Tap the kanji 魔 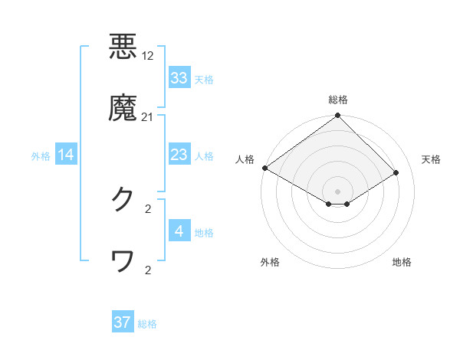point(123,108)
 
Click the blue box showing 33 point(179,78)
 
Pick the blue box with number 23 point(179,155)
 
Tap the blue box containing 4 point(179,232)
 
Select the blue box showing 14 point(66,155)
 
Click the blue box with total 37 point(123,322)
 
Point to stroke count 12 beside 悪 point(149,56)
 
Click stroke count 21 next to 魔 point(148,117)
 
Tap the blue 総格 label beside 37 point(147,324)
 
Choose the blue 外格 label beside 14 point(41,156)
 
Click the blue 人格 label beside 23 point(204,156)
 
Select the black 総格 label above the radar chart point(338,100)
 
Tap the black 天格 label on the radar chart point(432,159)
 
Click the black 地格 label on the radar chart point(402,262)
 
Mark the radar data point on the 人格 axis point(264,168)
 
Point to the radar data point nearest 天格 point(396,173)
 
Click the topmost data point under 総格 point(338,116)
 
